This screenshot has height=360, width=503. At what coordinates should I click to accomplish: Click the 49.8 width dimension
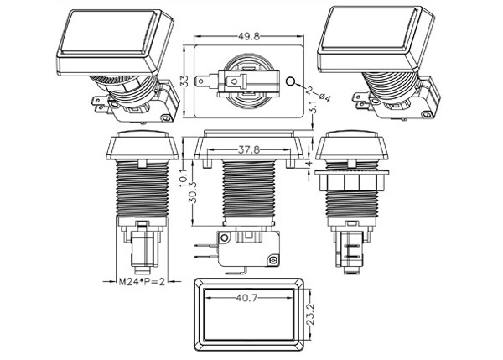[x=249, y=37]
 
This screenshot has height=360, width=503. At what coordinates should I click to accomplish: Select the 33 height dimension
[x=184, y=81]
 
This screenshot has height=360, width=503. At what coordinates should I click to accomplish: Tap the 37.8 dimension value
[x=249, y=150]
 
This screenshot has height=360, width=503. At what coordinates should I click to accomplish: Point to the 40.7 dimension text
[x=247, y=298]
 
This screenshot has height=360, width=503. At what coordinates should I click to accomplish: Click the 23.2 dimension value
[x=310, y=315]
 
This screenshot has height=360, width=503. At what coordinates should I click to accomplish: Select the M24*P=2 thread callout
[x=142, y=282]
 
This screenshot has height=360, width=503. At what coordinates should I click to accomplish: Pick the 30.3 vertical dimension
[x=194, y=192]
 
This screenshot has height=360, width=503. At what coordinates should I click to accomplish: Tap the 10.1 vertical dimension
[x=183, y=177]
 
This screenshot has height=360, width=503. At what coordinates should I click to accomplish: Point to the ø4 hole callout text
[x=324, y=97]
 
